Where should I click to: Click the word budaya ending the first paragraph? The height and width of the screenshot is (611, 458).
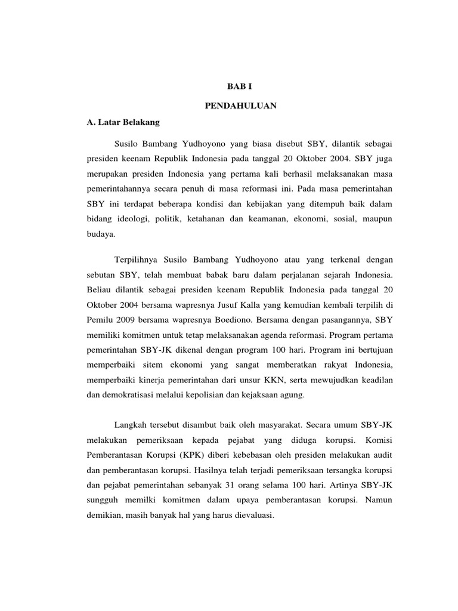coord(100,236)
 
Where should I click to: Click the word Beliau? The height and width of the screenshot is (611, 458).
coord(100,291)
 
